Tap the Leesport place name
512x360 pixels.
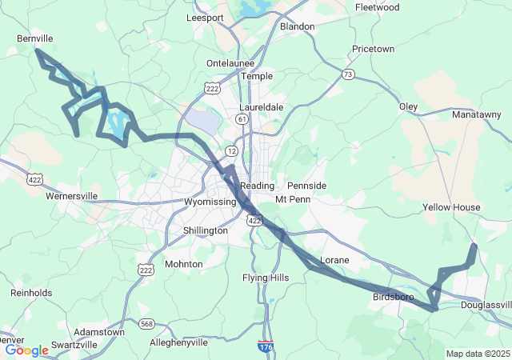[205, 18]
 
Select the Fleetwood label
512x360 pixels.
[377, 7]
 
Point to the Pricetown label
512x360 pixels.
[373, 49]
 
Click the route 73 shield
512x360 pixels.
[347, 74]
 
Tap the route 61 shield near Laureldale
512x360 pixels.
[242, 118]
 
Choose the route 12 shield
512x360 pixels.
[231, 150]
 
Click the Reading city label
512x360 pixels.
[258, 185]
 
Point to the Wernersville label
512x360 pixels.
[71, 195]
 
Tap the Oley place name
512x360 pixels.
[408, 106]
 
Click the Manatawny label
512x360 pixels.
[478, 115]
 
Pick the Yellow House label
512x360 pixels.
[451, 207]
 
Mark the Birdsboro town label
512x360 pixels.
[393, 297]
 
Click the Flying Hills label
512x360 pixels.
[266, 278]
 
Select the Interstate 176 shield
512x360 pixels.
[265, 346]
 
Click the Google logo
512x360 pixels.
[26, 350]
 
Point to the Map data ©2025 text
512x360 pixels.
[477, 354]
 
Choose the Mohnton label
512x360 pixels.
[183, 263]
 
